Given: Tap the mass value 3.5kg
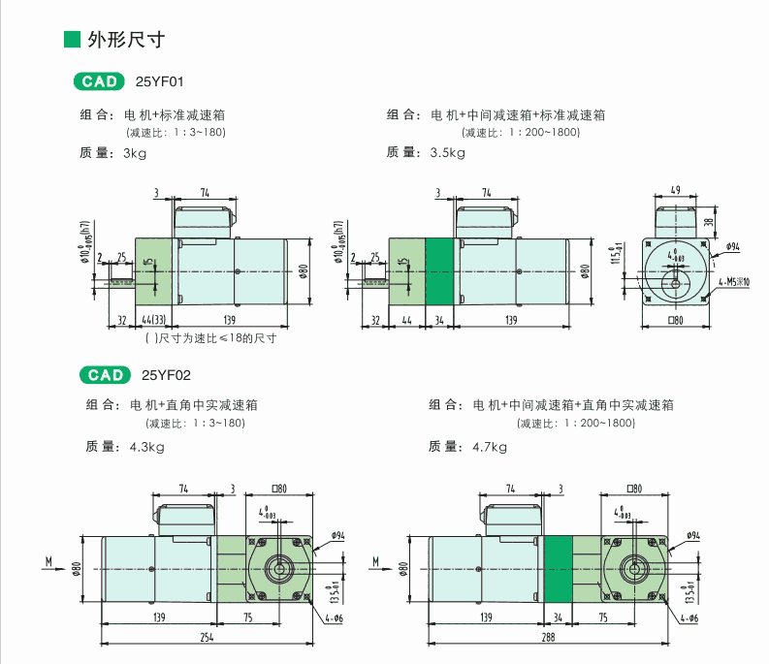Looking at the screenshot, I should (447, 153).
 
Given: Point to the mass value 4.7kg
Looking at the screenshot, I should (489, 447).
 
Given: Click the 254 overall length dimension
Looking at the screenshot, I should (208, 637).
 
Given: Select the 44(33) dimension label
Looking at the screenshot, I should (154, 320).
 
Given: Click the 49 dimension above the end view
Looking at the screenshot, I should (675, 191).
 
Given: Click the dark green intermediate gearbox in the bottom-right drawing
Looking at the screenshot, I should (558, 565).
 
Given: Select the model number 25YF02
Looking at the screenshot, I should (163, 375).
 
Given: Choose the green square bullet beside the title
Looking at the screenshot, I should (70, 40).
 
